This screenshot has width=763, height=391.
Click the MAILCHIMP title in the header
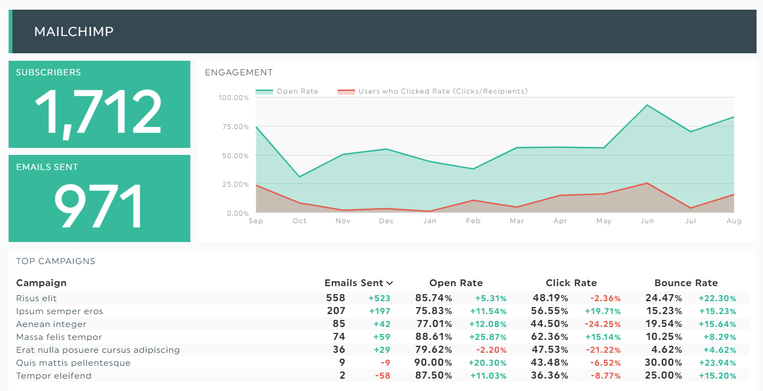pyautogui.click(x=74, y=32)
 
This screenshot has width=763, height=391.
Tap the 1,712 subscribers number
pyautogui.click(x=98, y=112)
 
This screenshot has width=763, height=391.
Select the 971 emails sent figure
pyautogui.click(x=98, y=205)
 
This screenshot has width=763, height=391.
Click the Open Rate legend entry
pyautogui.click(x=287, y=91)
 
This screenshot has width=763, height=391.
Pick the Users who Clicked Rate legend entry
pyautogui.click(x=433, y=91)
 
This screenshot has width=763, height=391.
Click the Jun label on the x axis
pyautogui.click(x=647, y=221)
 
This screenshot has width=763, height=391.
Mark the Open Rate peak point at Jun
pyautogui.click(x=647, y=105)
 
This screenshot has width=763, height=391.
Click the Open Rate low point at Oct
pyautogui.click(x=300, y=177)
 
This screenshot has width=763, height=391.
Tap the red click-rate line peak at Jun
pyautogui.click(x=647, y=183)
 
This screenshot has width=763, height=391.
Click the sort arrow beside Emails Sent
pyautogui.click(x=390, y=283)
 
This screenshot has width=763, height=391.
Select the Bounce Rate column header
pyautogui.click(x=686, y=283)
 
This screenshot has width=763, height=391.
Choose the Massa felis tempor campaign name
pyautogui.click(x=59, y=337)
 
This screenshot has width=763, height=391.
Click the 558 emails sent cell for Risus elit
pyautogui.click(x=336, y=298)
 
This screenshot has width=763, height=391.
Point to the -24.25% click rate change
pyautogui.click(x=603, y=324)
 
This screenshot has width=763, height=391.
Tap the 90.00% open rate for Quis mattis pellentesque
pyautogui.click(x=433, y=362)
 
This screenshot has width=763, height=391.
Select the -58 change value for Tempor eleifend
pyautogui.click(x=382, y=376)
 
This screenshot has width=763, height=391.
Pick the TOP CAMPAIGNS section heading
pyautogui.click(x=55, y=261)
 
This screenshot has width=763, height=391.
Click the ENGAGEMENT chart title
pyautogui.click(x=239, y=73)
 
